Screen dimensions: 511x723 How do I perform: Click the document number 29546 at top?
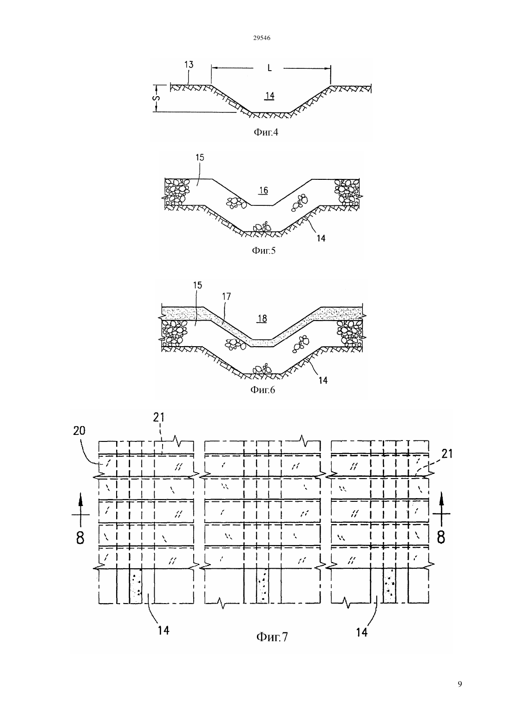click(262, 38)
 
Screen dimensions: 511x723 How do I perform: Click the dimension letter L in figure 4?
click(269, 68)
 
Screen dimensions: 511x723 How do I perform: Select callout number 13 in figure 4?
click(189, 65)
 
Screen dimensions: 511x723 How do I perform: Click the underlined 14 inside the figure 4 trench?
click(270, 96)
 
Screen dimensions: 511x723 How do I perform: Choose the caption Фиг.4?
click(266, 132)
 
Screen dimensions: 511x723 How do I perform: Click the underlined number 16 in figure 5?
click(263, 190)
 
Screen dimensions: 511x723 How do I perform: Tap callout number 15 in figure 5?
click(200, 158)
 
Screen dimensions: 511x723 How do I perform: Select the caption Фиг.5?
click(263, 250)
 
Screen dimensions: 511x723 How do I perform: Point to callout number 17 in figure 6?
click(227, 296)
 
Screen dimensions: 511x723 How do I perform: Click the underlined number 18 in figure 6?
click(262, 319)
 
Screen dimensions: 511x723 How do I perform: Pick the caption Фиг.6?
click(262, 390)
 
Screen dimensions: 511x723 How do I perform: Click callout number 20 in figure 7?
click(79, 430)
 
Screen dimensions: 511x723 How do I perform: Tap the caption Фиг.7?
click(272, 637)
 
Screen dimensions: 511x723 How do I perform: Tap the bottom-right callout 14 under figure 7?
click(361, 632)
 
